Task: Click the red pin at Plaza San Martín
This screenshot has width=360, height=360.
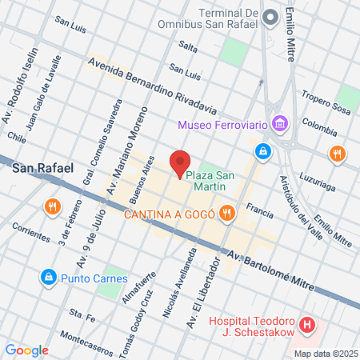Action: (181, 163)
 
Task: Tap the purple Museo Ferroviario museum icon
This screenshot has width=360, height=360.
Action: (279, 124)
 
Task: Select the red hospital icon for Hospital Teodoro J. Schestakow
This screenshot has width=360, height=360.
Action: (307, 326)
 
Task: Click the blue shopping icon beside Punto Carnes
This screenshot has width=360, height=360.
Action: (49, 278)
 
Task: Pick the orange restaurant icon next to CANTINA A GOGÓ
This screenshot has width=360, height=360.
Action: (228, 213)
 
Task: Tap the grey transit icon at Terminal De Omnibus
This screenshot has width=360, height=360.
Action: (270, 16)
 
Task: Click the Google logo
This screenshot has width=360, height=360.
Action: (26, 350)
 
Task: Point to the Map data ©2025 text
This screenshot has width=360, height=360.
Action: (325, 354)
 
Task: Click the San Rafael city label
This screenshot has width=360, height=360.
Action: (42, 168)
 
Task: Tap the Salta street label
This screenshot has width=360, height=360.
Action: (189, 47)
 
